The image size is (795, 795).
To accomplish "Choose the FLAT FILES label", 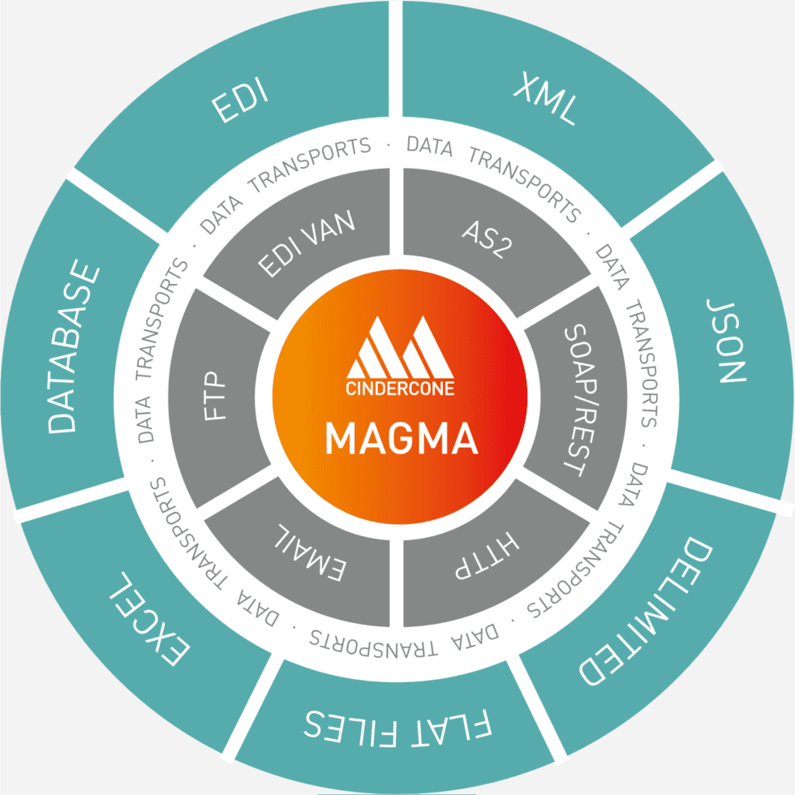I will click(397, 724).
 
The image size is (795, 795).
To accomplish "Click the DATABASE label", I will click(74, 347).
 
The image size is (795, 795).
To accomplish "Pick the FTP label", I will click(216, 397).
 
